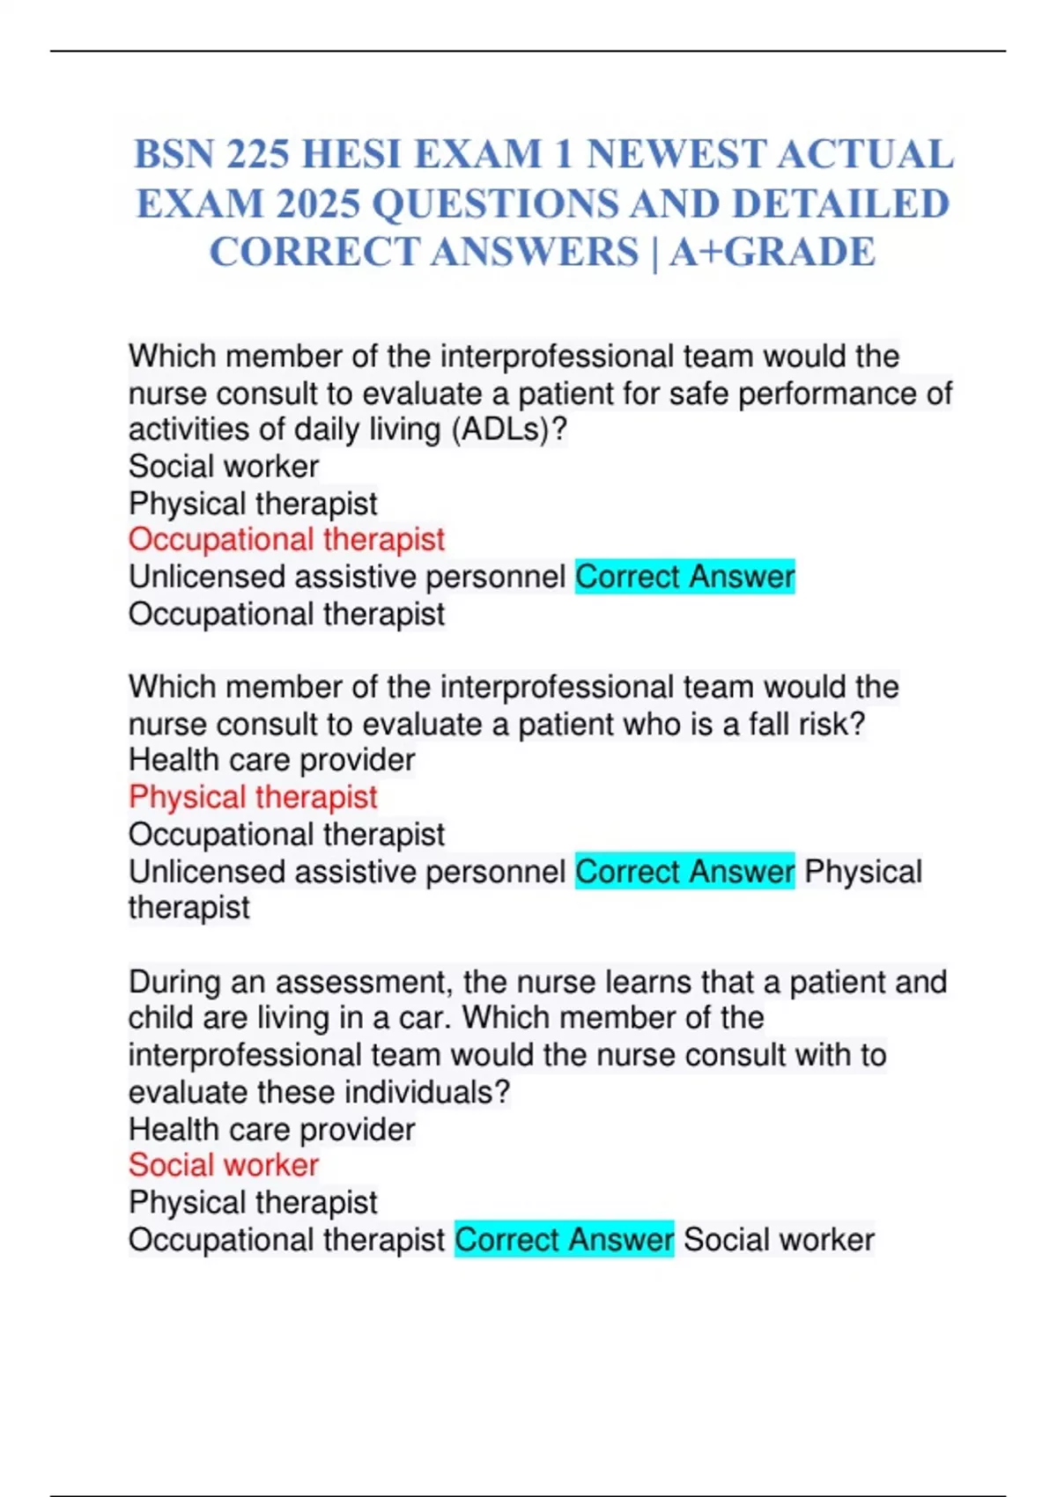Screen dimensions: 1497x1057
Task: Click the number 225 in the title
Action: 257,155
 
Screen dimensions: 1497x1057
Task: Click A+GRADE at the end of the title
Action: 772,253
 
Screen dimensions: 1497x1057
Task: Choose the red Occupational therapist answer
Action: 286,540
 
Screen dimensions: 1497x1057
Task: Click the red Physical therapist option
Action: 253,797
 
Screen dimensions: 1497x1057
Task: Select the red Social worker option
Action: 224,1165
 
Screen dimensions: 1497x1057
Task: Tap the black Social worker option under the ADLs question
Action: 224,466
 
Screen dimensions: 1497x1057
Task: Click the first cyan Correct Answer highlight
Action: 684,577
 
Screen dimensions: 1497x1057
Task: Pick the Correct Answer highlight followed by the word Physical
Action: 684,872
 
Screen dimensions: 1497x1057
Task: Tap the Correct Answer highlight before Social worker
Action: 564,1240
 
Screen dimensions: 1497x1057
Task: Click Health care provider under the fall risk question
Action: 271,760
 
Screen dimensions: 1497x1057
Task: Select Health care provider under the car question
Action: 271,1129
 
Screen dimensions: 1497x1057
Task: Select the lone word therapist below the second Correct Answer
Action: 189,908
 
